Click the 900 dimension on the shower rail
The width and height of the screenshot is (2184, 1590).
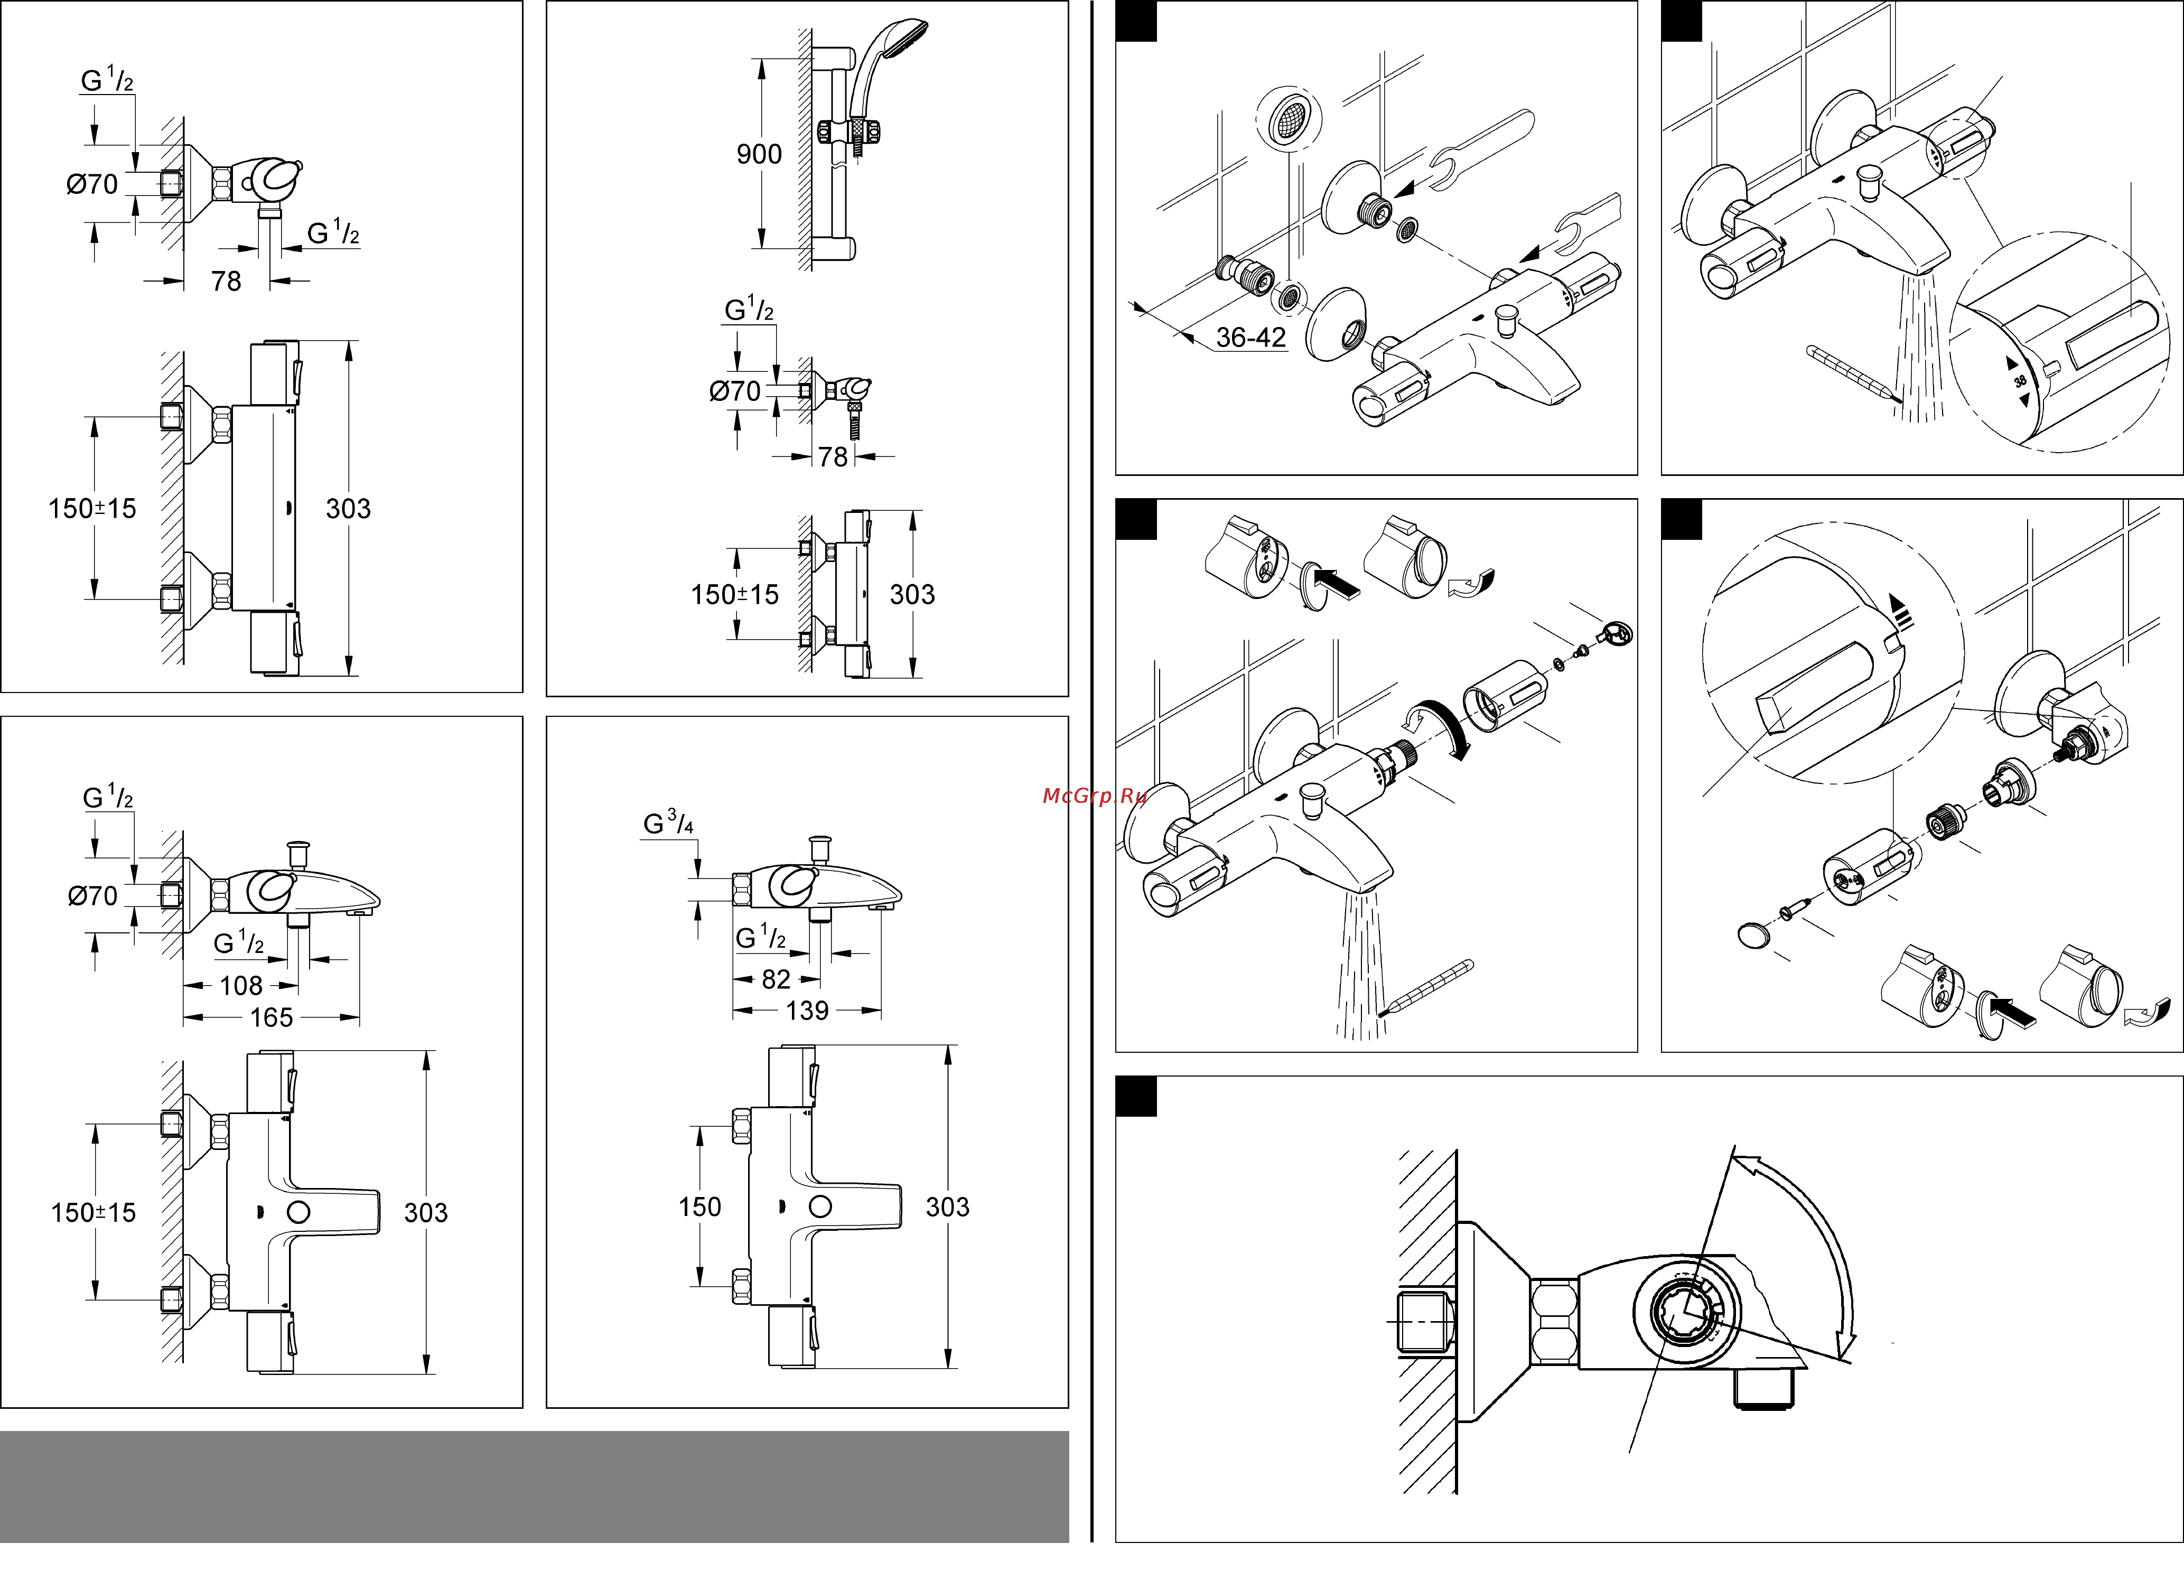tap(759, 154)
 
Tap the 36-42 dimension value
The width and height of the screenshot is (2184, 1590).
tap(1250, 337)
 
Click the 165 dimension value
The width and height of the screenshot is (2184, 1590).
tap(272, 1017)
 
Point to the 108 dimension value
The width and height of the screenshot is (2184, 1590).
tap(241, 985)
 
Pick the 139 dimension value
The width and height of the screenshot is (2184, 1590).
tap(807, 1010)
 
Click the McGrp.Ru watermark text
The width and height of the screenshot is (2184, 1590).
tap(1094, 796)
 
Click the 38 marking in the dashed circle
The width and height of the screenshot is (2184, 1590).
tap(2019, 381)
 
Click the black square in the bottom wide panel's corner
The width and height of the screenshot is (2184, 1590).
tap(1135, 1096)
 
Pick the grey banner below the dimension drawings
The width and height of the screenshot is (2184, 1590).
tap(535, 1486)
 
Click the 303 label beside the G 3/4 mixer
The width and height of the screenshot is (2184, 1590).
tap(947, 1206)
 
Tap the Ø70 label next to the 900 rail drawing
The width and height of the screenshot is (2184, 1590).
tap(735, 391)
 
